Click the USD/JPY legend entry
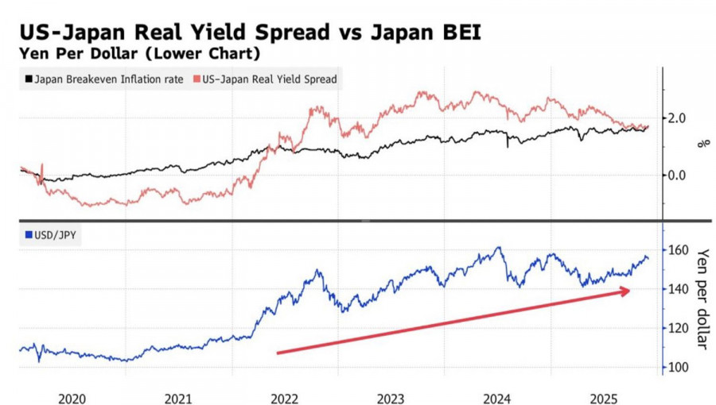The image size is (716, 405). [55, 234]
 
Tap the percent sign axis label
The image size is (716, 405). [702, 144]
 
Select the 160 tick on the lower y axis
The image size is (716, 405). [679, 250]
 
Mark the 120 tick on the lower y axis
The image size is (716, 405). [679, 328]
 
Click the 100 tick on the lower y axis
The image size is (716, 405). [679, 367]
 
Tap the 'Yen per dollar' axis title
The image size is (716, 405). [702, 299]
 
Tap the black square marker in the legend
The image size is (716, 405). [29, 79]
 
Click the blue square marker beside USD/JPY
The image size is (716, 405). [29, 234]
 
